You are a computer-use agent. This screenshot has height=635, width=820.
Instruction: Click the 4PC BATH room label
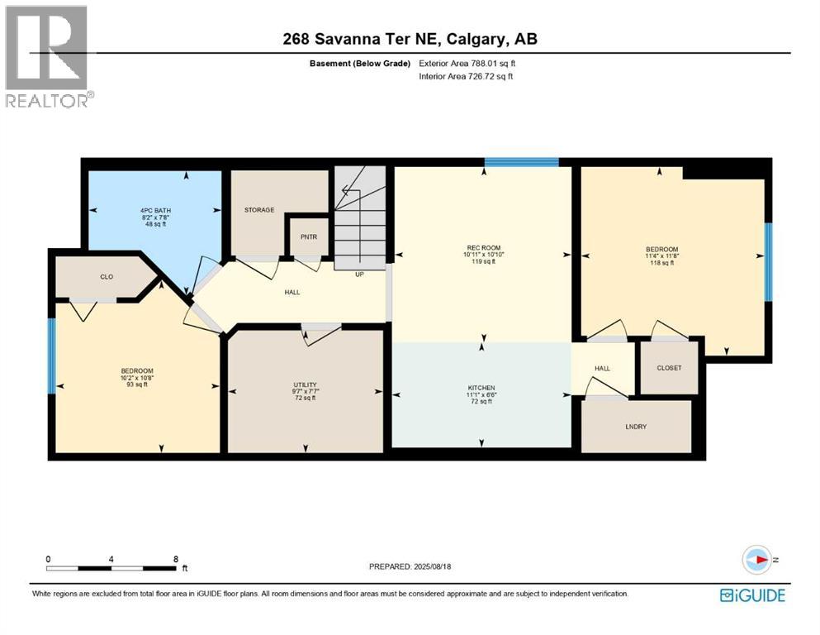pos(154,211)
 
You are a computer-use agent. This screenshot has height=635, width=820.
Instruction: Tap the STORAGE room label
pos(258,210)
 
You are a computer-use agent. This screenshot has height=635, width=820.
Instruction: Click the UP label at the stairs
pos(359,275)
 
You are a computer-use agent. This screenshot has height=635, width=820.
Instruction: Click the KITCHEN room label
pos(481,388)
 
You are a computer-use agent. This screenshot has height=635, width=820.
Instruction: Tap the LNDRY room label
pos(637,427)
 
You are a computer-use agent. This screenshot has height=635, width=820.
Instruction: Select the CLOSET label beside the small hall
pos(669,368)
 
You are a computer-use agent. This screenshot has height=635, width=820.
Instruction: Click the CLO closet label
pos(107,277)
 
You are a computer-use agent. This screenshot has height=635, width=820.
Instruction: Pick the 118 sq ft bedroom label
pos(661,250)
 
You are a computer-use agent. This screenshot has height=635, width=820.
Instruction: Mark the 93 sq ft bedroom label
pos(137,371)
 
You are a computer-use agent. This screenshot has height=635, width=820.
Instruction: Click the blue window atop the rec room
pos(521,162)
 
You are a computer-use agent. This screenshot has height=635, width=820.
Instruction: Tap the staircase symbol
pos(361,217)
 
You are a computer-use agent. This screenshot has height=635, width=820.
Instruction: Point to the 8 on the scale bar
pos(176,559)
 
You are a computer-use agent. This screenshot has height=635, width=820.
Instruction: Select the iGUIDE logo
pos(752,594)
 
